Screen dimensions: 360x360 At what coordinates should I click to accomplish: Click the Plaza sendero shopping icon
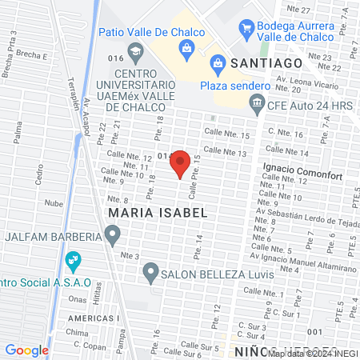(x=217, y=63)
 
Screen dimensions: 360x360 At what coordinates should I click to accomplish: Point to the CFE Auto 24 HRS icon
(x=257, y=102)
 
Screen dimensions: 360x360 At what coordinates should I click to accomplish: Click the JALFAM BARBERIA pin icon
(x=113, y=235)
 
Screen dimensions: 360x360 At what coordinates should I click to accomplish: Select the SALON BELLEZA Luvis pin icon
(x=150, y=274)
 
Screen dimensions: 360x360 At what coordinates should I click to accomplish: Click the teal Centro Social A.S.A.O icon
(x=73, y=260)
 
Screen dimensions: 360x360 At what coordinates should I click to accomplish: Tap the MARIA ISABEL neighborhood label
(x=158, y=214)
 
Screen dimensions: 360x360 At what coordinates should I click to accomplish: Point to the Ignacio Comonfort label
(x=300, y=168)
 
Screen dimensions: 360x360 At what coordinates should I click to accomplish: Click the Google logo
(x=26, y=350)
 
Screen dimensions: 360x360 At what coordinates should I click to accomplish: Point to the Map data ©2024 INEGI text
(x=312, y=353)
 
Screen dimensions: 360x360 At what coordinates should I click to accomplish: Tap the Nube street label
(x=54, y=203)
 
